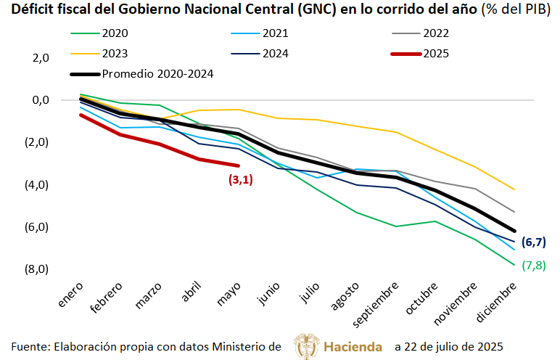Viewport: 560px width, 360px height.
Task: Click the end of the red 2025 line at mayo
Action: [238, 165]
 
